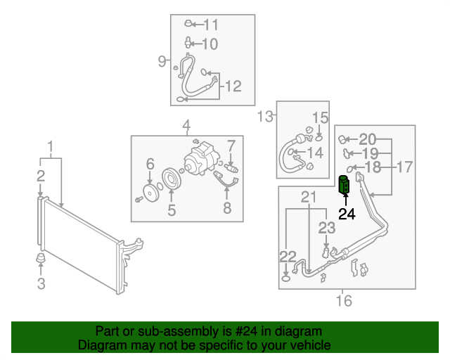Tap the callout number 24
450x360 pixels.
point(347,214)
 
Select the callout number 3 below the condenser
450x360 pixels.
point(41,284)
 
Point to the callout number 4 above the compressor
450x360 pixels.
point(186,126)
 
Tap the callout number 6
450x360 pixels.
point(150,165)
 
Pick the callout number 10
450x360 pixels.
point(210,44)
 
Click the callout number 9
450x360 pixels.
point(161,61)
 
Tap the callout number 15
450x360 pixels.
point(320,117)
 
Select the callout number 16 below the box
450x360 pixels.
point(343,302)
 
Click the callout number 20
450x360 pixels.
point(368,139)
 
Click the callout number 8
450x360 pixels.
point(226,207)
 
